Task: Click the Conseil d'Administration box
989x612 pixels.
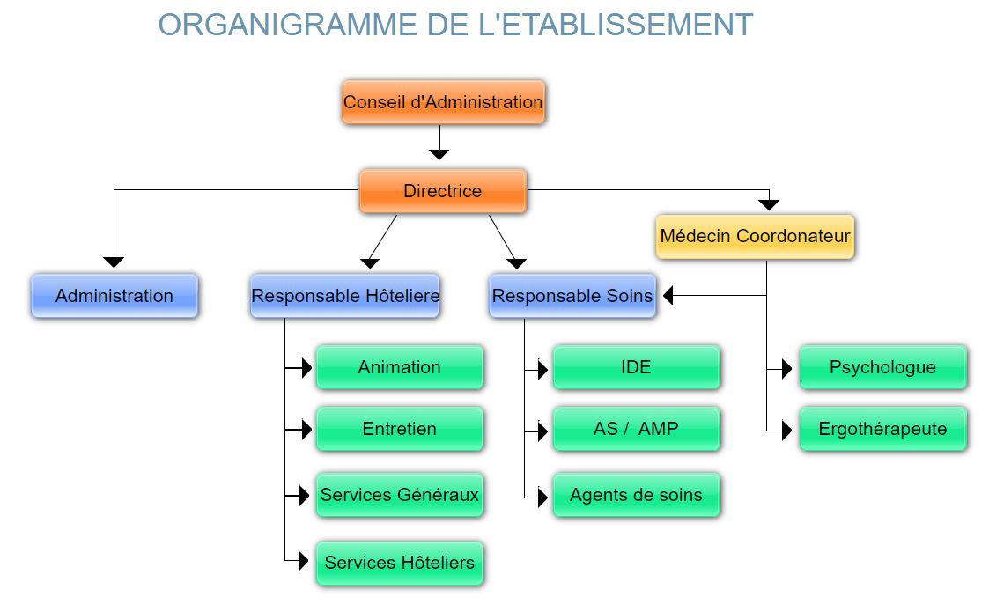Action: (x=443, y=102)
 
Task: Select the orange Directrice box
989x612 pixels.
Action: (x=443, y=191)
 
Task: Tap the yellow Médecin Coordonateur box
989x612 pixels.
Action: (x=755, y=236)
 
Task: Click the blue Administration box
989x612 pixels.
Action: (x=114, y=296)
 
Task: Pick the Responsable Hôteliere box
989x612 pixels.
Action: (x=345, y=296)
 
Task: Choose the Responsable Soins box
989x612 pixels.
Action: (x=572, y=296)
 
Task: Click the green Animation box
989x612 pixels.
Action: (x=399, y=367)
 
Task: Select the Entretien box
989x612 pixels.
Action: (x=399, y=429)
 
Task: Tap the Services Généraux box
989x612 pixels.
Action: (x=399, y=495)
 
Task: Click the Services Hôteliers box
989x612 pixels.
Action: (x=399, y=563)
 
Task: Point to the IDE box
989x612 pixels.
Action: (x=636, y=367)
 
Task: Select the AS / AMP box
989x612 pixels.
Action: (x=636, y=429)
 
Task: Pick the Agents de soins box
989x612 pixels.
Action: (x=636, y=495)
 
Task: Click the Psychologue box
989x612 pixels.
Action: (x=882, y=367)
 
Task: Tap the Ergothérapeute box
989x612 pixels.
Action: (x=882, y=429)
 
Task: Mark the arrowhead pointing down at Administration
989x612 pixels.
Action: (x=114, y=262)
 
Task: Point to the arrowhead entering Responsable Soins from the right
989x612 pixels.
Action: (x=668, y=296)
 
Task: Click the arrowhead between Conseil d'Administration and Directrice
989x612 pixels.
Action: (x=439, y=154)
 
